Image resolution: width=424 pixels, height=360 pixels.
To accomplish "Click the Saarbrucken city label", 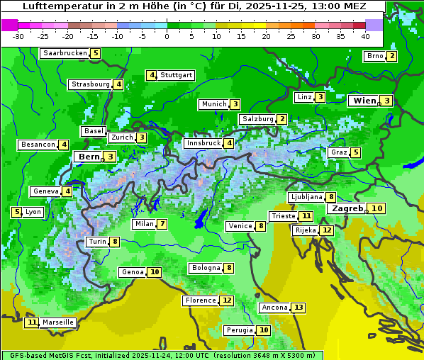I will [65, 53].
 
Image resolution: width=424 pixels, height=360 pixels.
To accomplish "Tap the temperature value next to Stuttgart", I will [152, 75].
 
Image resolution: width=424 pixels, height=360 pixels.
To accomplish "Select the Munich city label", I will [213, 104].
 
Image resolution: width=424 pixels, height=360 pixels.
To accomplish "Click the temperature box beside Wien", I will [387, 101].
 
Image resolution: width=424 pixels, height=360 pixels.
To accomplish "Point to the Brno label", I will [374, 57].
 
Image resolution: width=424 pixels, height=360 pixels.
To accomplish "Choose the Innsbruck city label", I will [203, 143].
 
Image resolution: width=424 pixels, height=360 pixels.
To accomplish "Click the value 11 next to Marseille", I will [31, 322].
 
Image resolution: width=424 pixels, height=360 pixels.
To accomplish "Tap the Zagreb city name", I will [347, 208].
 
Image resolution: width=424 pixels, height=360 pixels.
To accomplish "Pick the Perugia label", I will [239, 330].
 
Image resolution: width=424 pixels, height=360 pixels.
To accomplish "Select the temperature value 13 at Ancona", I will [299, 308].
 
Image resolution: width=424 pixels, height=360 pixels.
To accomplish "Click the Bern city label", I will [89, 157].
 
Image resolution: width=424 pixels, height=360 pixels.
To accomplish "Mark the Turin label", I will [97, 242].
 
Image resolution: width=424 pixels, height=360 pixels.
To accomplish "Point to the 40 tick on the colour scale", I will [365, 36].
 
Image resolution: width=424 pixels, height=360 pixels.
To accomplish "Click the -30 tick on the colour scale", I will [18, 36].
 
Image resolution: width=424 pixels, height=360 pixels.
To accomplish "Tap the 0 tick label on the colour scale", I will [167, 36].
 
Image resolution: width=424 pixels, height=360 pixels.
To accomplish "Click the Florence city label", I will [200, 300].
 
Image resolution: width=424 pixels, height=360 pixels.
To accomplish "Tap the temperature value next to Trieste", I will [306, 216].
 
